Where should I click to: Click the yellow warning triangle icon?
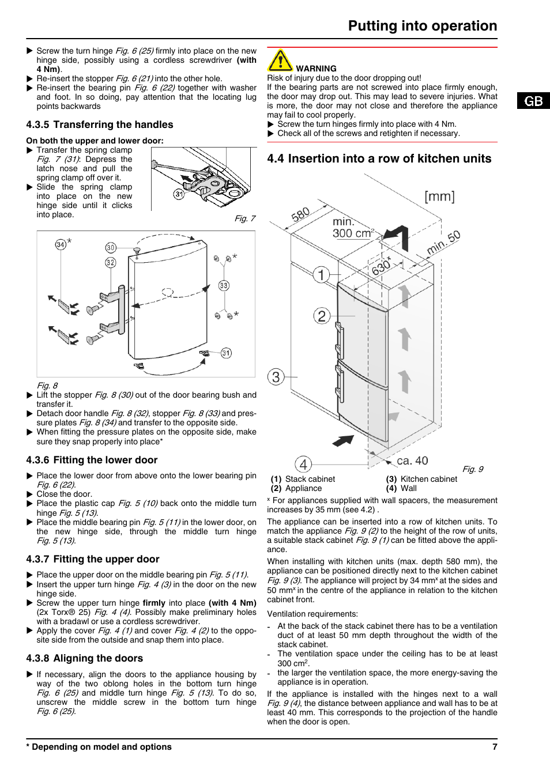280,61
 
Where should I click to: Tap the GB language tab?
533,101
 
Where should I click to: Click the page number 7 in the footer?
495,747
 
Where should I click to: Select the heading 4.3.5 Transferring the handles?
100,124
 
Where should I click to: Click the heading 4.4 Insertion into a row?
379,158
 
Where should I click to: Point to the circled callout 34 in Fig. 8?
61,244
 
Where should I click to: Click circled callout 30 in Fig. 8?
111,248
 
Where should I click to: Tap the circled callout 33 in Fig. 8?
224,285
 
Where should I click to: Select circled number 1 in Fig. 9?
321,274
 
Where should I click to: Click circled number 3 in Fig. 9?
276,377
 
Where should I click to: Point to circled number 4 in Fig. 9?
303,464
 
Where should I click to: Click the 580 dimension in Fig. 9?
300,215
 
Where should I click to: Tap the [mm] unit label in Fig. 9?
439,197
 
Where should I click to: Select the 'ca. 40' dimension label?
412,460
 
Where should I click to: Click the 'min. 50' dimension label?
443,242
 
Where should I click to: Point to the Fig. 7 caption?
244,218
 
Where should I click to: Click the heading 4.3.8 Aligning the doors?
85,658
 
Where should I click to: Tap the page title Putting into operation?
422,26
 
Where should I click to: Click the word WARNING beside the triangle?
316,69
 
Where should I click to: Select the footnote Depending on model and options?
99,747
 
